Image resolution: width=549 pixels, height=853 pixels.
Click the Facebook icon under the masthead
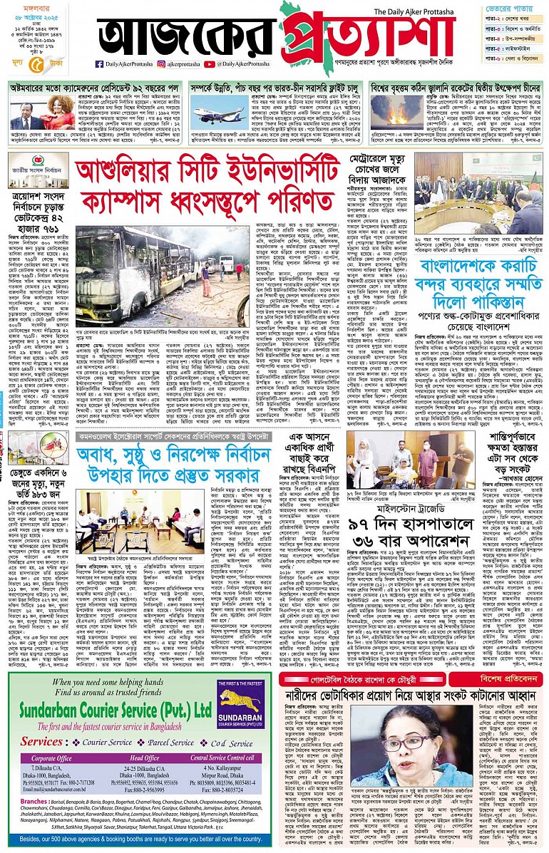(99, 64)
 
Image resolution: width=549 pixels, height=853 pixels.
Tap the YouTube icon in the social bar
(210, 64)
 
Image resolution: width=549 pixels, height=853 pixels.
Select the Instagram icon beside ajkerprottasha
(163, 64)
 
